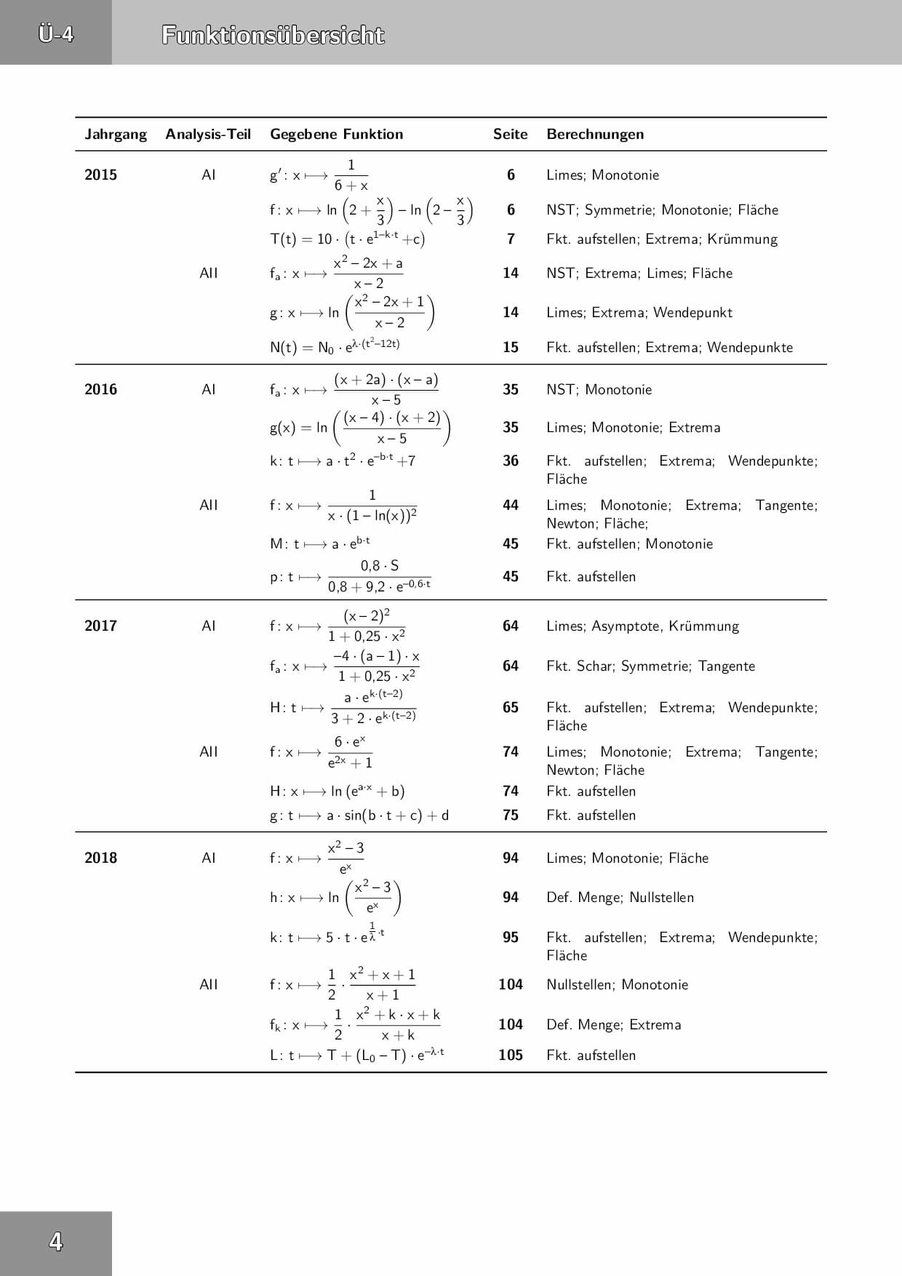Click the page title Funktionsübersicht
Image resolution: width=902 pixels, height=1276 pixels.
pyautogui.click(x=273, y=35)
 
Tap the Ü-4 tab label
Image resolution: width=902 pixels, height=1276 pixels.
pyautogui.click(x=56, y=33)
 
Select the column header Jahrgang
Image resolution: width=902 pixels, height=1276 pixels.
pyautogui.click(x=116, y=135)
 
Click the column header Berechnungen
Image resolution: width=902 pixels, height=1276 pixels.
pyautogui.click(x=595, y=135)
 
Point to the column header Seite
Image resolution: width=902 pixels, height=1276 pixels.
pyautogui.click(x=510, y=135)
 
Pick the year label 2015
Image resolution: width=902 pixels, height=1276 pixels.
pyautogui.click(x=100, y=175)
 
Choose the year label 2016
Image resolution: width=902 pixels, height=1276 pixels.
pyautogui.click(x=100, y=389)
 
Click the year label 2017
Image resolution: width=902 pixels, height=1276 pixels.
pyautogui.click(x=100, y=626)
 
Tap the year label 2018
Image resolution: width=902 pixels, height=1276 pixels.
pyautogui.click(x=100, y=858)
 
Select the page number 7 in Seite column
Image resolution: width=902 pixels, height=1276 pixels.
pyautogui.click(x=511, y=239)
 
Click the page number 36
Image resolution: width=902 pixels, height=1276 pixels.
pyautogui.click(x=511, y=460)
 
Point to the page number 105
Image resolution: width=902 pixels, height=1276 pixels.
pyautogui.click(x=511, y=1055)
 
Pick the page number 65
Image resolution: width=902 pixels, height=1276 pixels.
pyautogui.click(x=511, y=707)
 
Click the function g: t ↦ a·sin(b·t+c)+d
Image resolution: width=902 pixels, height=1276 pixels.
pyautogui.click(x=359, y=816)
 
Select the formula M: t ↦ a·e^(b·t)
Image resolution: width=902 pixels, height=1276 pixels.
pyautogui.click(x=320, y=543)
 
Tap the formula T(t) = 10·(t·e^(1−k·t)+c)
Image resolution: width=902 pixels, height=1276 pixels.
pyautogui.click(x=347, y=239)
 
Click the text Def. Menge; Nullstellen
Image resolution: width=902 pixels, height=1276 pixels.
pyautogui.click(x=620, y=898)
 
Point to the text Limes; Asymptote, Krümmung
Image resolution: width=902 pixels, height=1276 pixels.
pyautogui.click(x=642, y=626)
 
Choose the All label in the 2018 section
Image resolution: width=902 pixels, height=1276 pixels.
pyautogui.click(x=209, y=984)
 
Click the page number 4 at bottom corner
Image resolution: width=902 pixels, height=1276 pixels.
pyautogui.click(x=56, y=1242)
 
